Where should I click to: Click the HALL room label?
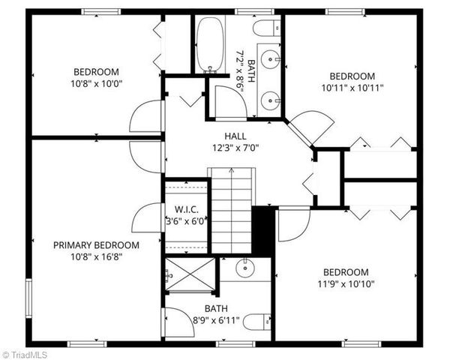[x=235, y=136]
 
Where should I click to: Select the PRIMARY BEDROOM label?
[x=96, y=245]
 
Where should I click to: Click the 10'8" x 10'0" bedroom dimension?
[x=96, y=85]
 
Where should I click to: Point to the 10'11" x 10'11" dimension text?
[x=352, y=88]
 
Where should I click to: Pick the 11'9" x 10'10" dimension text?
[x=346, y=283]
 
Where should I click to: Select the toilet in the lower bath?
[x=257, y=321]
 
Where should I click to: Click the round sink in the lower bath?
[x=245, y=268]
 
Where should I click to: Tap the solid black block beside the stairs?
[x=263, y=230]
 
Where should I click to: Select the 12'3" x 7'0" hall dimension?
[x=235, y=147]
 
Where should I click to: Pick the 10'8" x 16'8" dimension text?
[x=96, y=256]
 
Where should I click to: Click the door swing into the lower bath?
[x=175, y=322]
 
